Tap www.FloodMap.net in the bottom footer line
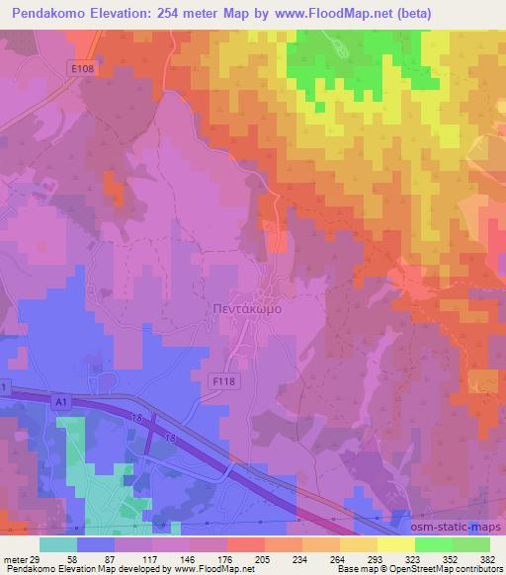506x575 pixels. pyautogui.click(x=203, y=568)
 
